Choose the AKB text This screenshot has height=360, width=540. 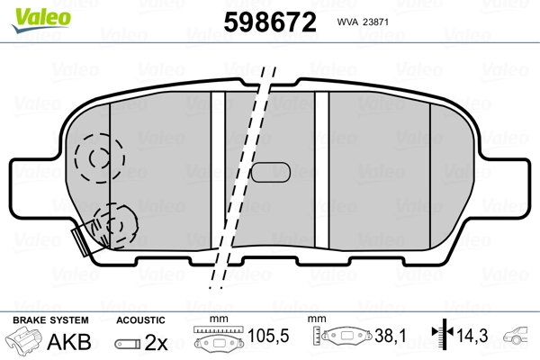point(60,343)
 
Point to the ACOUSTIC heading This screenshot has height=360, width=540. point(140,320)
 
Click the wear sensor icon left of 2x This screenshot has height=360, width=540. point(129,344)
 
